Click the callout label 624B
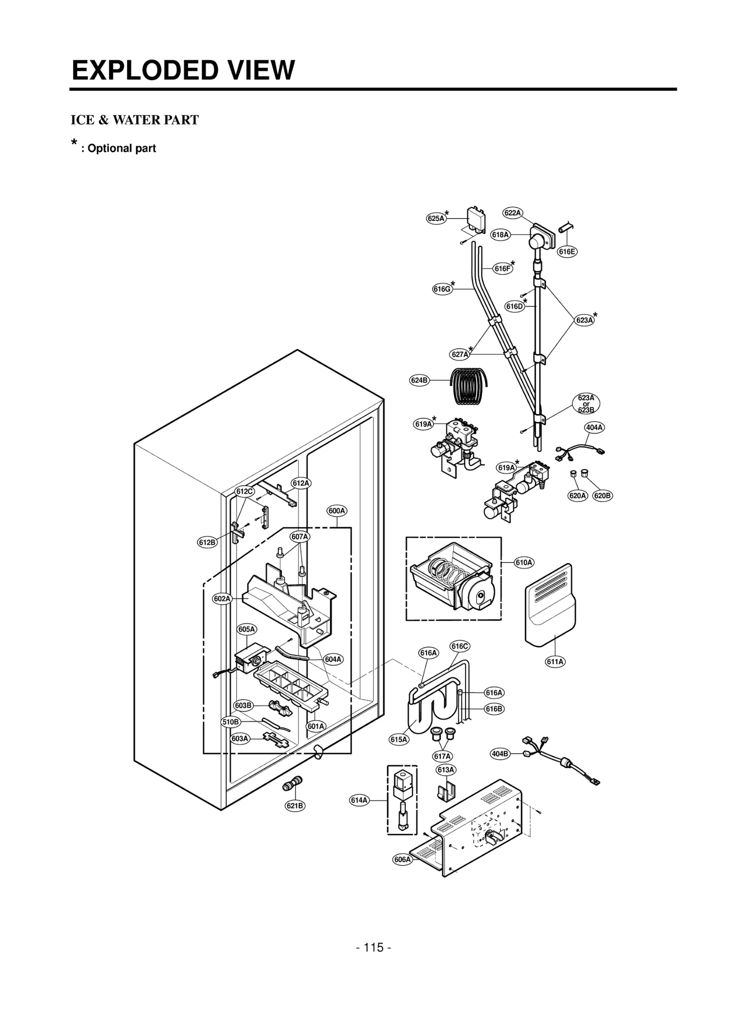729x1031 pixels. pos(419,380)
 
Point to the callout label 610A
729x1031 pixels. pos(524,562)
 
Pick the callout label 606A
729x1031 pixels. pos(402,859)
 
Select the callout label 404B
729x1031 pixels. pos(500,754)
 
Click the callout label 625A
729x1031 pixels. pos(436,218)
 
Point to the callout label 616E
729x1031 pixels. pos(567,251)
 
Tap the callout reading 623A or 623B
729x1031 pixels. pos(586,403)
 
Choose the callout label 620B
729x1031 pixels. pos(602,495)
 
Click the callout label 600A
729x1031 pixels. pos(337,511)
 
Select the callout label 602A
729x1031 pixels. pos(222,598)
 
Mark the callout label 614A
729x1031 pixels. pos(359,800)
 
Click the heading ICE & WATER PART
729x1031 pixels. pos(134,120)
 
